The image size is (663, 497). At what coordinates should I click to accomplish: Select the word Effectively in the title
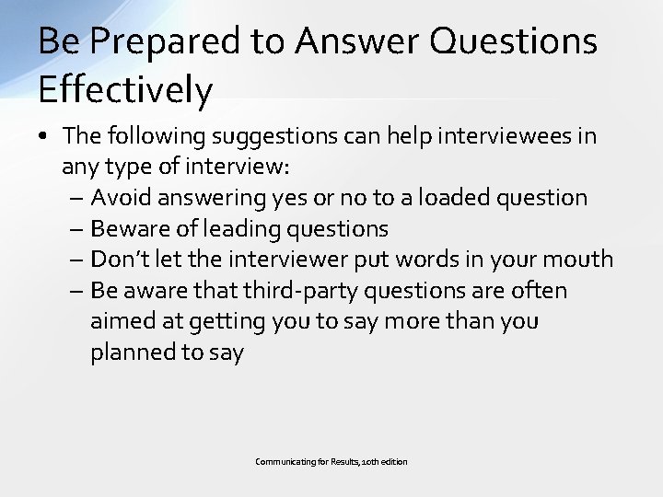point(126,90)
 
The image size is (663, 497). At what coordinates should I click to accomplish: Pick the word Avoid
point(122,197)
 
